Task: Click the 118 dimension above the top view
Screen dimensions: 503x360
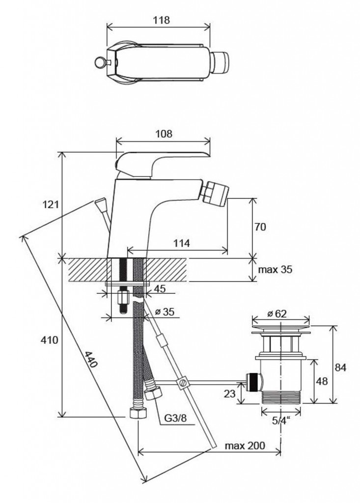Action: (x=161, y=20)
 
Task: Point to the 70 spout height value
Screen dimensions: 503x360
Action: (x=261, y=227)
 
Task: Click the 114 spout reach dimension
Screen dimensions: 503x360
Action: (x=182, y=243)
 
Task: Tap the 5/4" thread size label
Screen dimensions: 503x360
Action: (x=280, y=420)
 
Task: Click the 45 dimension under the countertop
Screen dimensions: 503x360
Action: (x=160, y=289)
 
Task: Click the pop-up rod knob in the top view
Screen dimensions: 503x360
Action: (x=98, y=62)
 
